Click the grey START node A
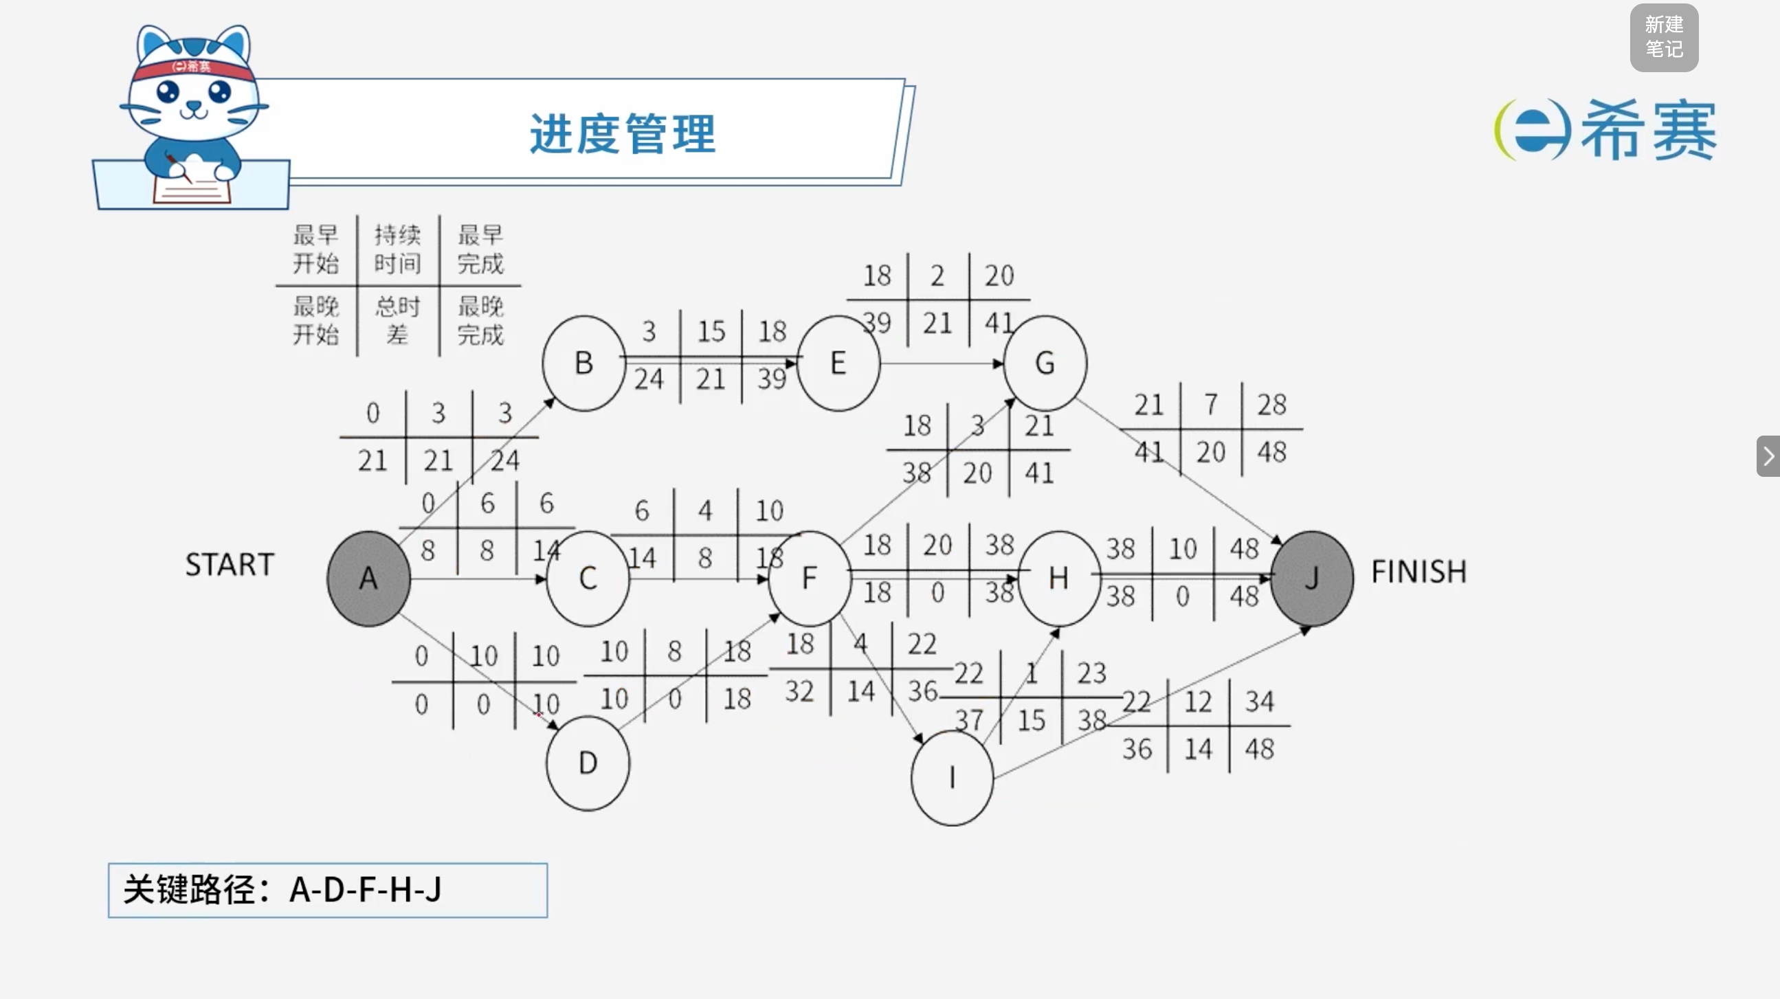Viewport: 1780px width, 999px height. click(368, 579)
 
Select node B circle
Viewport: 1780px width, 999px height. click(584, 363)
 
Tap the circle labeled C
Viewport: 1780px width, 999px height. click(588, 579)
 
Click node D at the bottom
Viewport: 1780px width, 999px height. click(588, 763)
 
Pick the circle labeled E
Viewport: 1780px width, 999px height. click(838, 363)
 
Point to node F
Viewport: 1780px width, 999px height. click(809, 579)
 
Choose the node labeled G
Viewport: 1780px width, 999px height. click(1045, 363)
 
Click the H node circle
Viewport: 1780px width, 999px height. click(1058, 579)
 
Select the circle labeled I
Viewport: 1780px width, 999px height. click(952, 778)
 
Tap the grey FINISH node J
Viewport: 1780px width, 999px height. click(1311, 579)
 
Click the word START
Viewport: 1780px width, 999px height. click(230, 565)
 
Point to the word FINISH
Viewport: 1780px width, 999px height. click(1419, 572)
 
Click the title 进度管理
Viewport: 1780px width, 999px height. click(623, 133)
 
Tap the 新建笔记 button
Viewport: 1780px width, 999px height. click(1664, 37)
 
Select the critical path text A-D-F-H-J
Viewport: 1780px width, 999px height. click(366, 890)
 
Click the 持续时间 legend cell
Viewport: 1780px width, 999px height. click(397, 249)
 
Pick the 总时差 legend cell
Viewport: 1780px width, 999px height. click(397, 321)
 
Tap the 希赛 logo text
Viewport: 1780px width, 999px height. click(1649, 130)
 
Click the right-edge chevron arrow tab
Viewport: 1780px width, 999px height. click(1768, 456)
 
